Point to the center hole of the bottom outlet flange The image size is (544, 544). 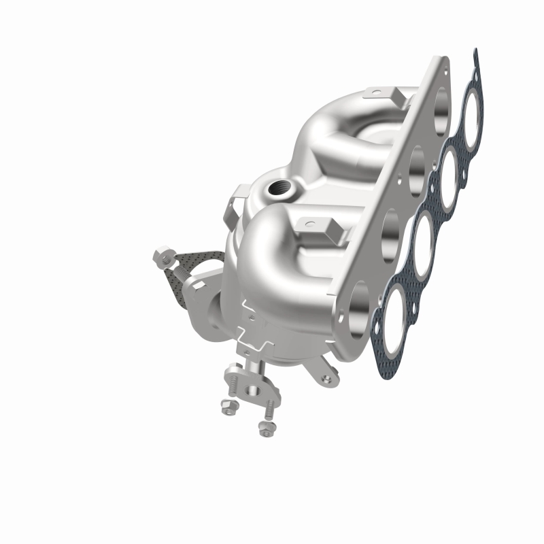[253, 390]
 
